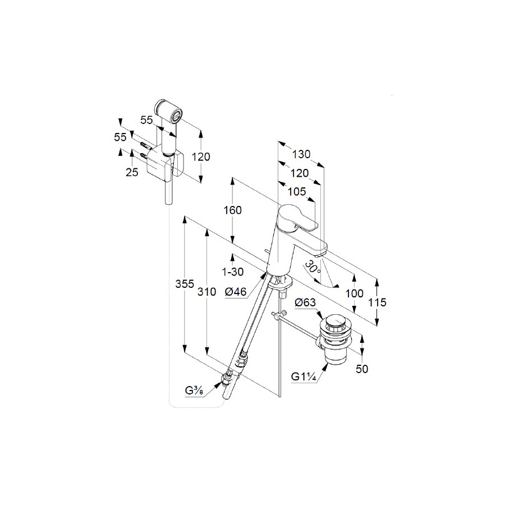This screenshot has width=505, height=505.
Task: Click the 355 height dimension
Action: click(x=185, y=284)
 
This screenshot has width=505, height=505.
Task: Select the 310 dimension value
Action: click(x=206, y=292)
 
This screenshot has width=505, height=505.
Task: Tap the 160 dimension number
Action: click(x=232, y=210)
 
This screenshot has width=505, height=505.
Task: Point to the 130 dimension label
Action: click(x=301, y=154)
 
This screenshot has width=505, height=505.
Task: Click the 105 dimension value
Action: click(x=297, y=192)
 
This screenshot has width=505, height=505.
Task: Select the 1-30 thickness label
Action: click(x=232, y=272)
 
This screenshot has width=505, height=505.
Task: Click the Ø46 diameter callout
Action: click(x=236, y=292)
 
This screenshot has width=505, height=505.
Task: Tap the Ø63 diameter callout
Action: click(x=305, y=302)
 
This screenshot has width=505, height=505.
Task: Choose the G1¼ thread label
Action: click(x=304, y=376)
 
